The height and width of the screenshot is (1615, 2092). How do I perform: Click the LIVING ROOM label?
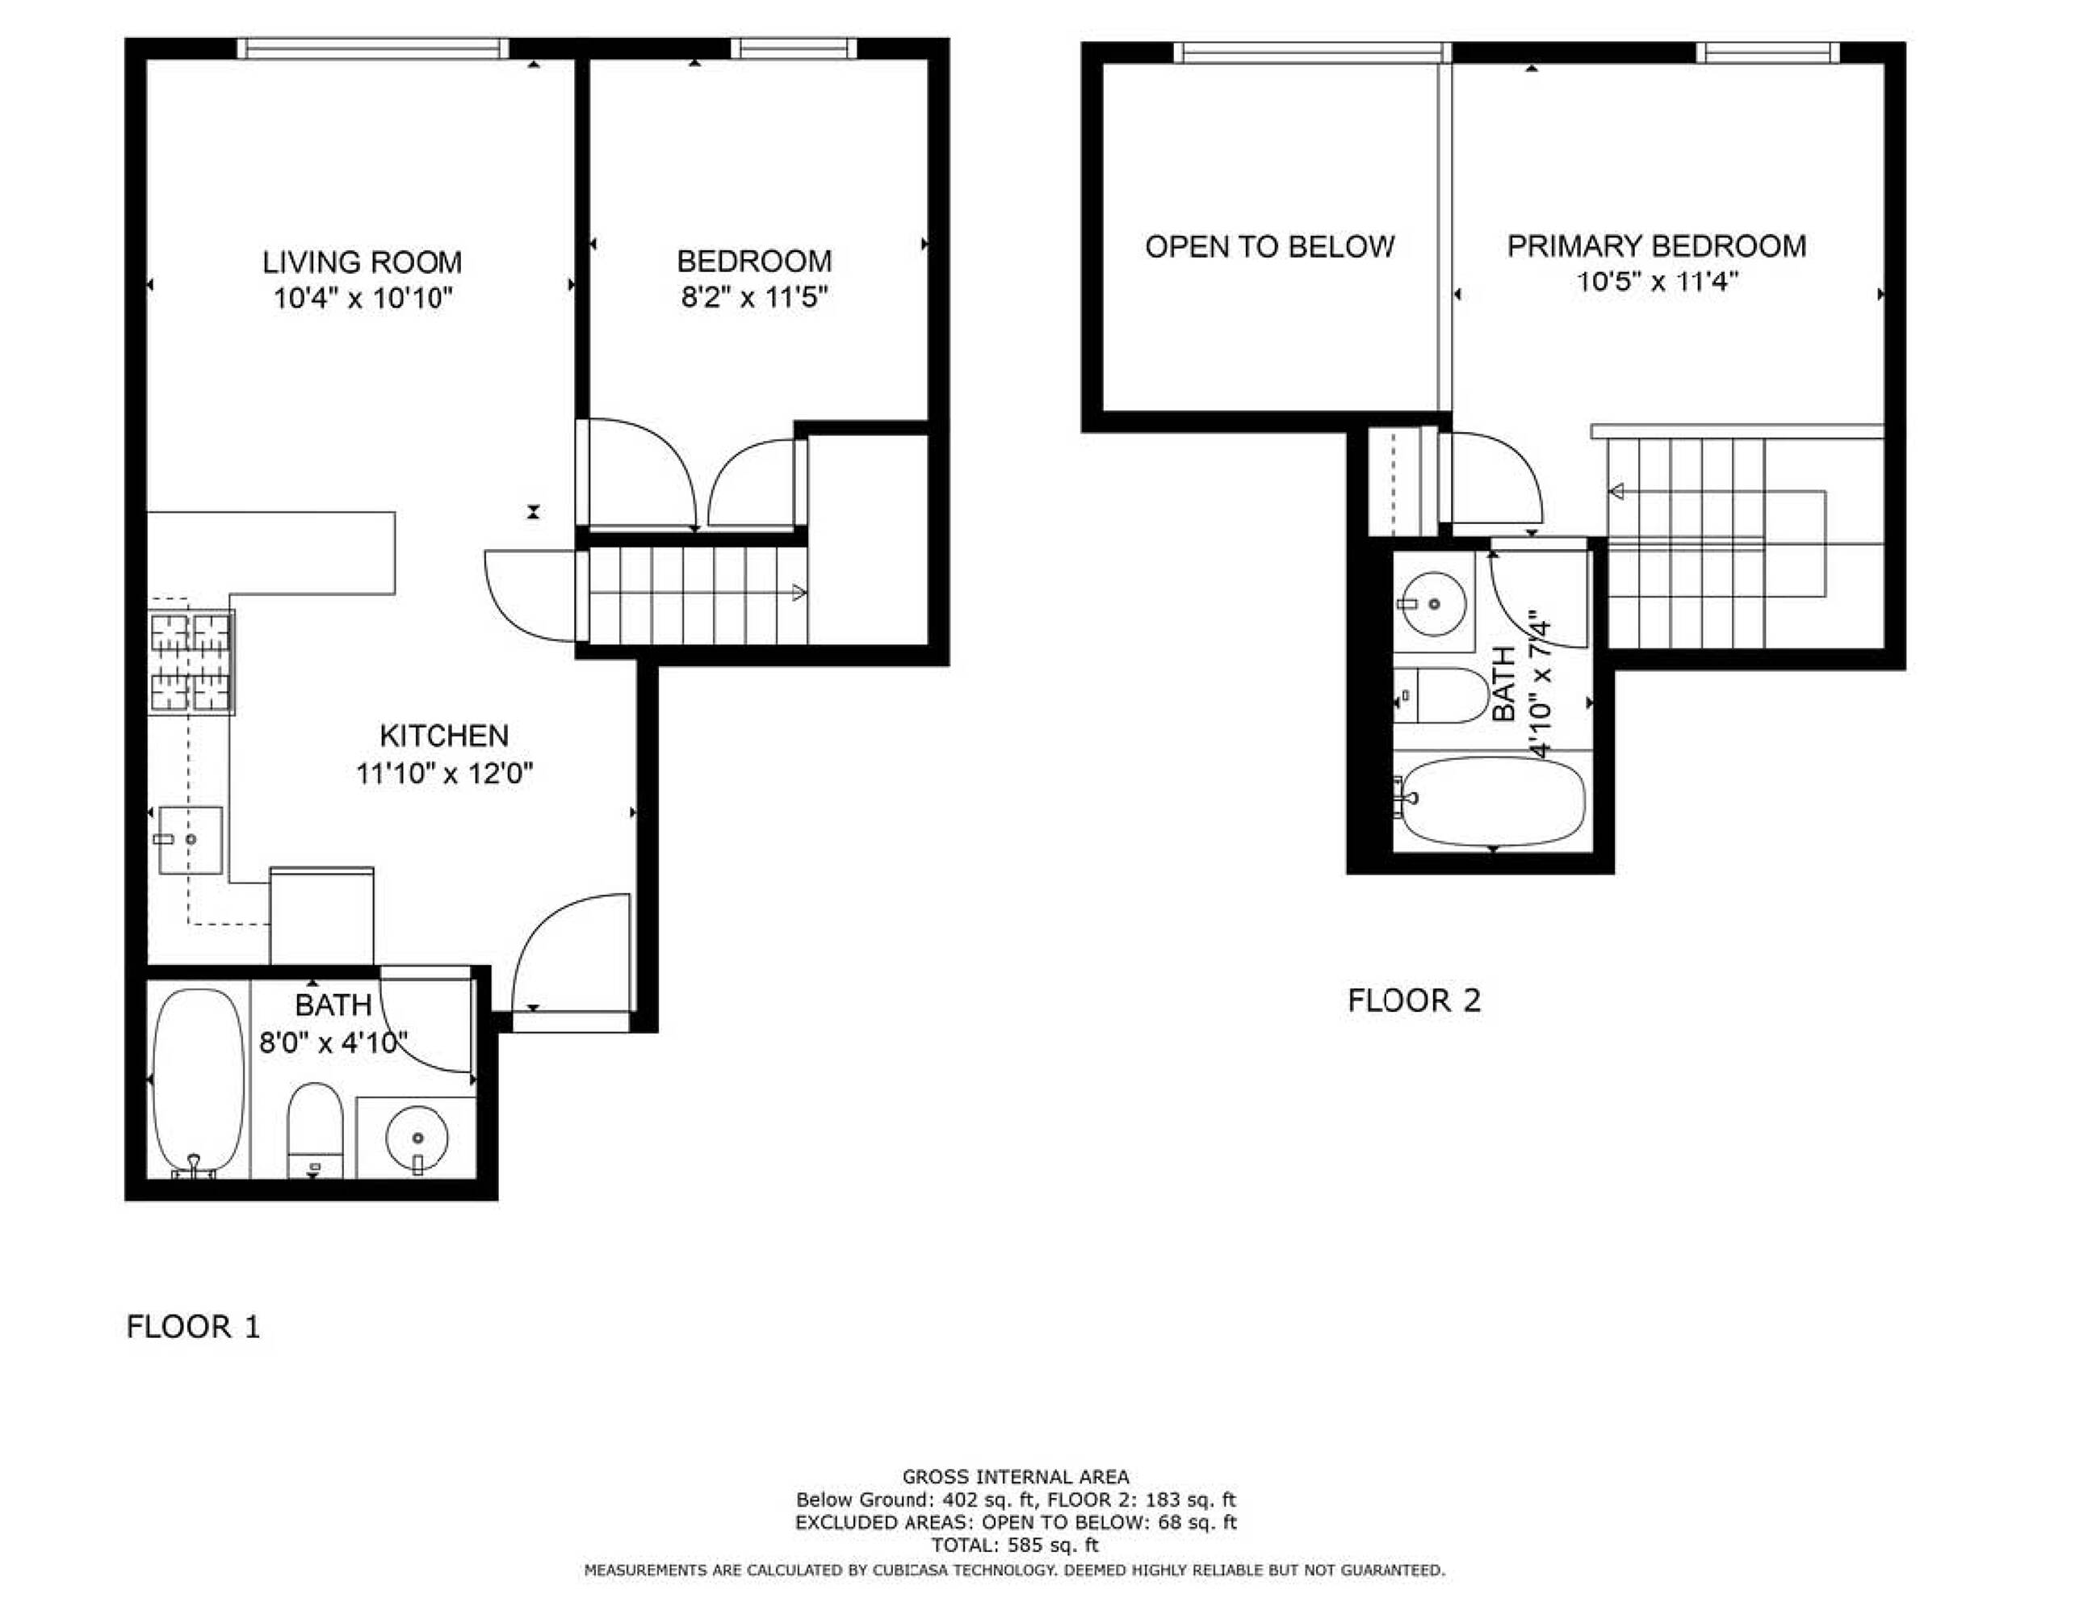click(x=362, y=262)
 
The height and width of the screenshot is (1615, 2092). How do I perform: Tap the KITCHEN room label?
click(x=444, y=736)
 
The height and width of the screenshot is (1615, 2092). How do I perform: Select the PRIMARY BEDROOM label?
click(x=1657, y=246)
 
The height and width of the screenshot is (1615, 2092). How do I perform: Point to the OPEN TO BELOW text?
click(x=1270, y=247)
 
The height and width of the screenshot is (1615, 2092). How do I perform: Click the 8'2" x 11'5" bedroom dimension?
click(x=754, y=297)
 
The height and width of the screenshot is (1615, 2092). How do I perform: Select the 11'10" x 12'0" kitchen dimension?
click(x=444, y=773)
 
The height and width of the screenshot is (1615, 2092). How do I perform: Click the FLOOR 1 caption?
click(x=194, y=1328)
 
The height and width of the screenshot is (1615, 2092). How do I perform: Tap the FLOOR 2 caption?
click(x=1414, y=1001)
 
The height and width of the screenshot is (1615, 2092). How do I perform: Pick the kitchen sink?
click(x=191, y=840)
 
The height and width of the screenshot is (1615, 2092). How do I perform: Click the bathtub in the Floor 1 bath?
click(x=199, y=1082)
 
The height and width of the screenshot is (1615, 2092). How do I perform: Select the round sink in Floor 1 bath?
click(x=417, y=1138)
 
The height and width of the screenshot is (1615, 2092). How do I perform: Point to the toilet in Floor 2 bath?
click(x=1441, y=695)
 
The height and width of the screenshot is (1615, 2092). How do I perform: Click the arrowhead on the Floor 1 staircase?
click(x=799, y=593)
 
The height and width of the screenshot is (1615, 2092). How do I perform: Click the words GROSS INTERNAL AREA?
click(x=1016, y=1477)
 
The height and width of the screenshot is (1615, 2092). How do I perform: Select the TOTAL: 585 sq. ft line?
click(x=1016, y=1545)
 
